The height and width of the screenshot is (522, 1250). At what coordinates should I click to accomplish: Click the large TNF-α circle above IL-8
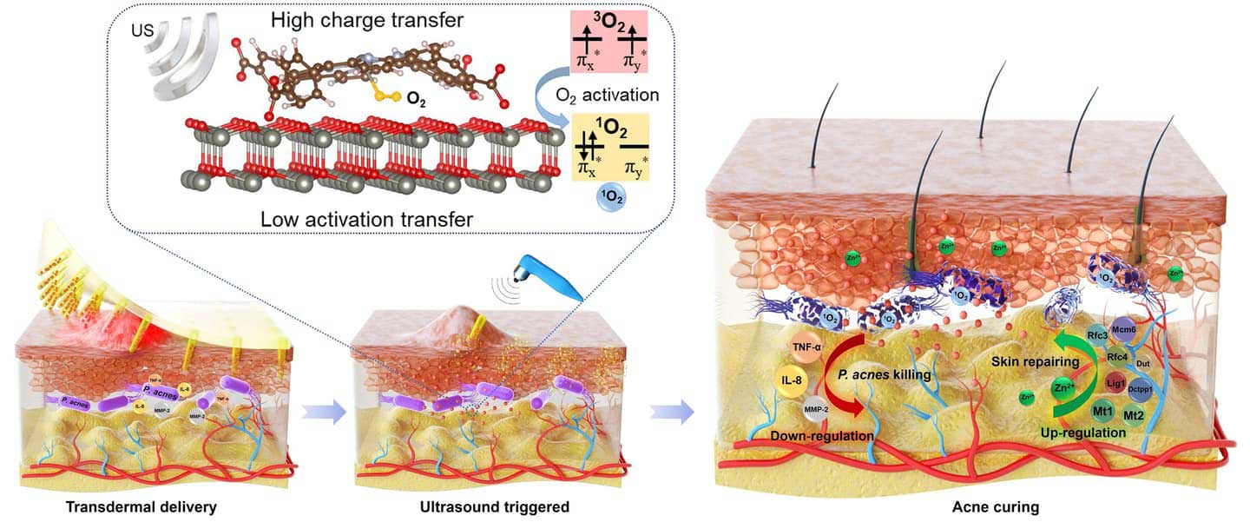click(807, 347)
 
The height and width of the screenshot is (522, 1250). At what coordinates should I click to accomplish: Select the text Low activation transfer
click(366, 219)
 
